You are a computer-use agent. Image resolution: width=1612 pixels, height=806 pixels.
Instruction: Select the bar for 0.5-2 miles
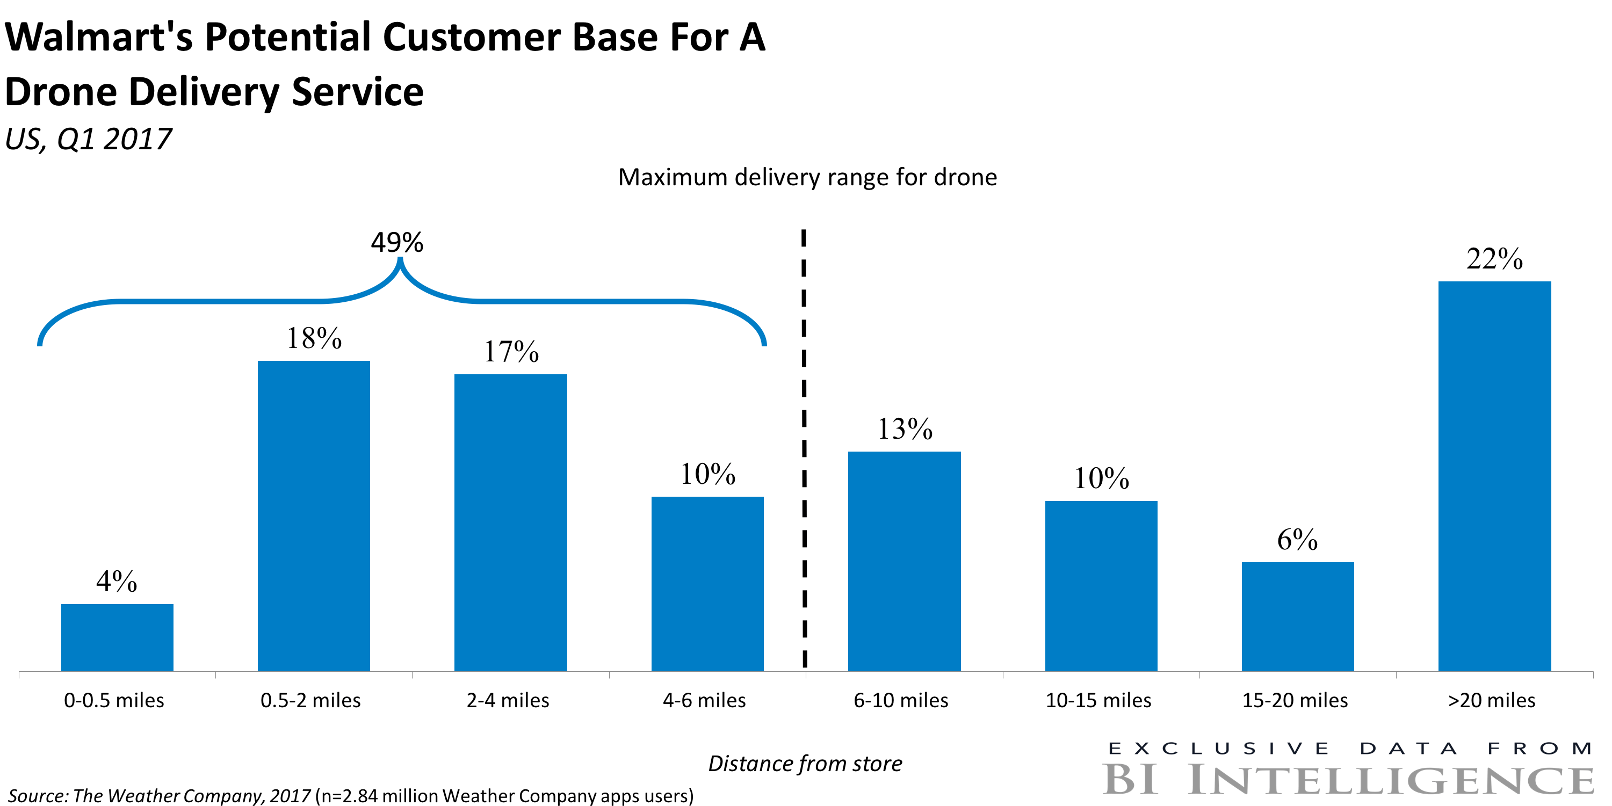click(314, 515)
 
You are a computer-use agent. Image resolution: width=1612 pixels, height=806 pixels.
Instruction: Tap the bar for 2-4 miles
click(511, 522)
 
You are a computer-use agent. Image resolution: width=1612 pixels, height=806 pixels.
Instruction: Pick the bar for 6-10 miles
click(904, 561)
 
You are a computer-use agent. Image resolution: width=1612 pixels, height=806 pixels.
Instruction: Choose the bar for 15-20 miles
click(1298, 616)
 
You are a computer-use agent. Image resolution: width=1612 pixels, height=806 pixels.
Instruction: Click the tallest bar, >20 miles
click(1494, 476)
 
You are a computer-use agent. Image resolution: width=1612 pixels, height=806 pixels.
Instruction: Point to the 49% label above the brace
click(397, 243)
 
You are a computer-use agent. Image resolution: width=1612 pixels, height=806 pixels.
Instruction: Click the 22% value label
click(1494, 259)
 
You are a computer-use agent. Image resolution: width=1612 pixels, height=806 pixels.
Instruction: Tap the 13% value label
click(905, 429)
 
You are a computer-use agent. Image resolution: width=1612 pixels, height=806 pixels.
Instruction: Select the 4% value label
click(117, 582)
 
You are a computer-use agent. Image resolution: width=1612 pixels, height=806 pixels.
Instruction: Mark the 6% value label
click(1297, 540)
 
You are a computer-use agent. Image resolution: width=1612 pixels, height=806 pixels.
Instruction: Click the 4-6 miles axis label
click(705, 700)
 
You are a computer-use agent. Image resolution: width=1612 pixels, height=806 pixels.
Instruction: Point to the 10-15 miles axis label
click(1098, 700)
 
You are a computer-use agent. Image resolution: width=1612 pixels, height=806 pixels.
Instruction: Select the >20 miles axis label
click(1492, 700)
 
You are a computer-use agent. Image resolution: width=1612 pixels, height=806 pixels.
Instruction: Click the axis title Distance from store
click(805, 764)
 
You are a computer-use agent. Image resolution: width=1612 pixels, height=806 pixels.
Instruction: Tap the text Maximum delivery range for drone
click(807, 178)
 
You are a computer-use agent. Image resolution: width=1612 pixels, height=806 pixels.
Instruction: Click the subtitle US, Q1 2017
click(88, 139)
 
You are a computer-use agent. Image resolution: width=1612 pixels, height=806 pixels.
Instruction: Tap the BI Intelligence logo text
click(1349, 780)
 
